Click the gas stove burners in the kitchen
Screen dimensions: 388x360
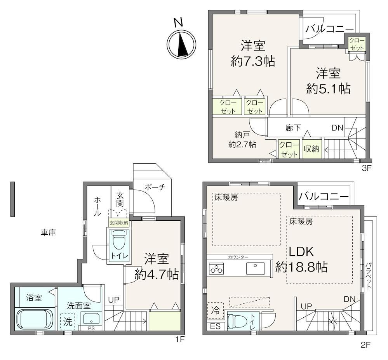[x=216, y=269]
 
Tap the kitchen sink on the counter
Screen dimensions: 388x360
[x=256, y=268]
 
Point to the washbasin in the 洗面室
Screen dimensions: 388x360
[x=91, y=319]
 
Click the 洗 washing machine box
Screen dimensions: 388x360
[x=68, y=322]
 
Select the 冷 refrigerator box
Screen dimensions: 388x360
[x=215, y=310]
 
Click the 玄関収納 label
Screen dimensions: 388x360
[x=119, y=223]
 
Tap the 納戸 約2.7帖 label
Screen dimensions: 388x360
[x=242, y=140]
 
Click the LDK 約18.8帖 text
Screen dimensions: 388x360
[x=302, y=260]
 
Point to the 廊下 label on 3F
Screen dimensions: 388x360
[x=293, y=128]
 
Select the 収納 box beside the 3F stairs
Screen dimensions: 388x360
[x=312, y=149]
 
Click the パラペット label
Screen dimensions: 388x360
[x=369, y=276]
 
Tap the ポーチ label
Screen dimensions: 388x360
[x=155, y=187]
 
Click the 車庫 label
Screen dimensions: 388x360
[x=49, y=232]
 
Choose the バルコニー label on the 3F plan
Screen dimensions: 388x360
[x=329, y=29]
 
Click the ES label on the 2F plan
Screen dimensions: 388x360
[x=215, y=326]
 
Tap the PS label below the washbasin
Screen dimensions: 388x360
[x=91, y=328]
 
